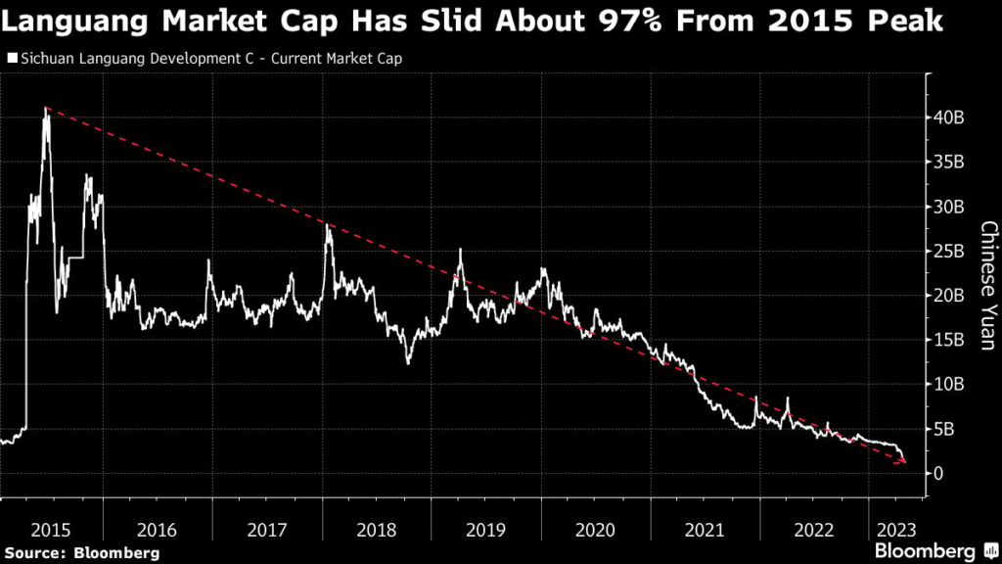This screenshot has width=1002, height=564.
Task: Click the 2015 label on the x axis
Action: [51, 529]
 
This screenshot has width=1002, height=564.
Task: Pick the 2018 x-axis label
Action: [377, 529]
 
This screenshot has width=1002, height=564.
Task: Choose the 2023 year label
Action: [893, 529]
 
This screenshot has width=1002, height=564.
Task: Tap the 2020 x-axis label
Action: [594, 529]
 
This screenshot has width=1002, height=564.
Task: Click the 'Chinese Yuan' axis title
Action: [988, 285]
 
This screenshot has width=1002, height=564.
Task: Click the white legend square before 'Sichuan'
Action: [12, 59]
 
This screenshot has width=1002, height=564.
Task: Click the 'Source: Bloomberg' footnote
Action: [82, 552]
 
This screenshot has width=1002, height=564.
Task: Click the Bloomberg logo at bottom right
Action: [937, 550]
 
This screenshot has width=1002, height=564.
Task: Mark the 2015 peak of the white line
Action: [45, 110]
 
